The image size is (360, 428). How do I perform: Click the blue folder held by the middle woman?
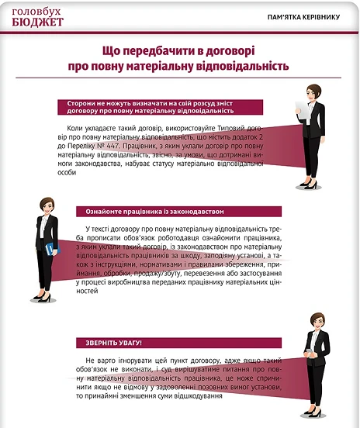pos(49,250)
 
